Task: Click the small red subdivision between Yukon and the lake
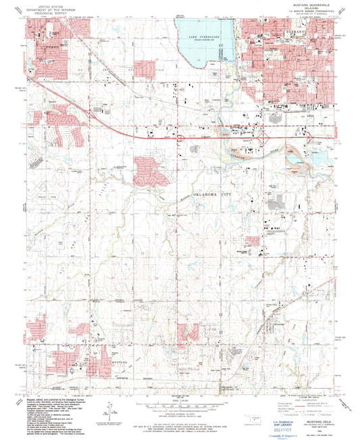click(x=145, y=68)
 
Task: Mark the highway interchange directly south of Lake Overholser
click(x=182, y=137)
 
